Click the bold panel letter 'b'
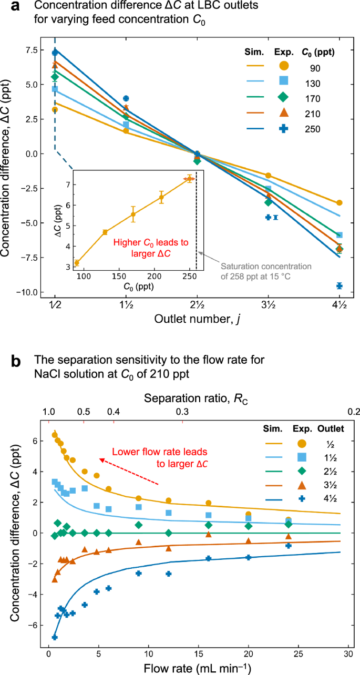click(16, 362)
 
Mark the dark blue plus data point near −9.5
click(340, 285)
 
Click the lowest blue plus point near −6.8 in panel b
click(55, 637)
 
